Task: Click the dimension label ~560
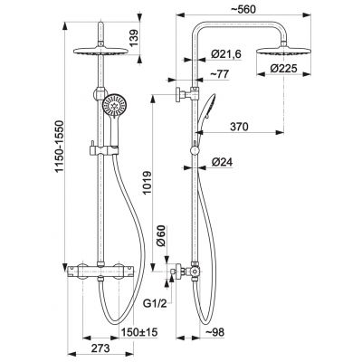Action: click(x=243, y=9)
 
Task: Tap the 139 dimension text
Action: click(x=134, y=38)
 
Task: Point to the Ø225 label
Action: click(x=283, y=69)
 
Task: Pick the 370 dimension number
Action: click(x=239, y=127)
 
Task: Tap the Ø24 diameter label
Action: click(x=222, y=163)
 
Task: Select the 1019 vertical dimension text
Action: click(x=147, y=183)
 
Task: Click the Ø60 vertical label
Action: click(x=161, y=235)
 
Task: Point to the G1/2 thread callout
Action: click(x=155, y=304)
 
